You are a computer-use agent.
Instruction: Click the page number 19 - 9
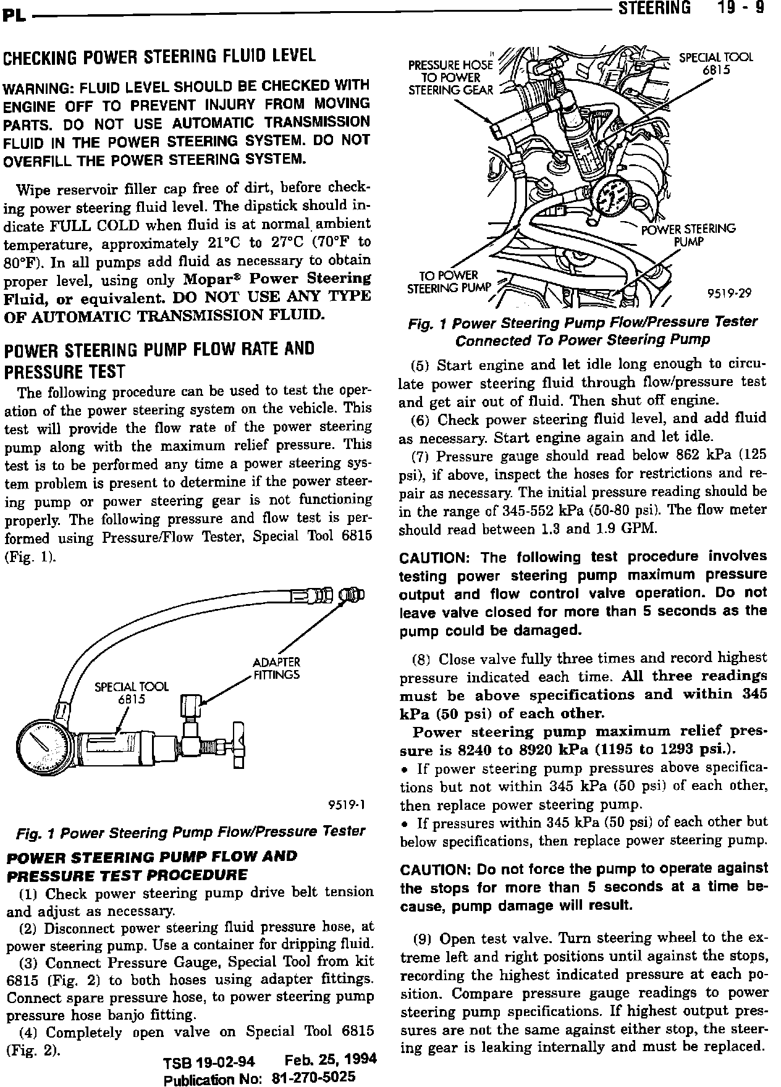[x=743, y=8]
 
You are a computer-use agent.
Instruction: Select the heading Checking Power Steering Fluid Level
[x=160, y=56]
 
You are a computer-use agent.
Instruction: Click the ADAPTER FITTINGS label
[x=275, y=668]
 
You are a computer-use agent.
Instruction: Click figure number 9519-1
[x=347, y=805]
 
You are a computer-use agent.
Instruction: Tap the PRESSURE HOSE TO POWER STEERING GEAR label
[x=451, y=77]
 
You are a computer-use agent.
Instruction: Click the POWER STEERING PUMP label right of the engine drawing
[x=688, y=235]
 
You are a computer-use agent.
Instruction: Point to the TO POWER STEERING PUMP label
[x=449, y=282]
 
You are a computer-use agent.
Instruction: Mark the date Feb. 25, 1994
[x=331, y=1060]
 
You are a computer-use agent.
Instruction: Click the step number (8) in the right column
[x=421, y=658]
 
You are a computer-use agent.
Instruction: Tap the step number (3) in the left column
[x=28, y=963]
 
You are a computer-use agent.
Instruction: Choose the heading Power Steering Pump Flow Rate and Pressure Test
[x=159, y=360]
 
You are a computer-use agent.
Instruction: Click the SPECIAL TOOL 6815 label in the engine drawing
[x=716, y=64]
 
